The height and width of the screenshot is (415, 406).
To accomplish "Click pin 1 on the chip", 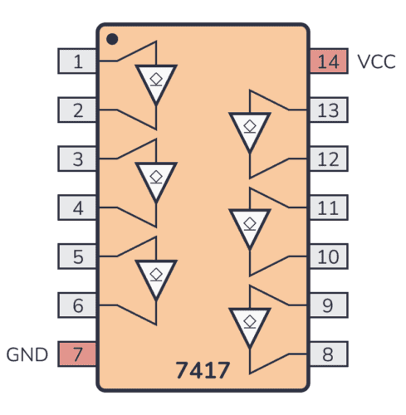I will pyautogui.click(x=77, y=61).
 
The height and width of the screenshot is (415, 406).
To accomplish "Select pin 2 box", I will pyautogui.click(x=77, y=110).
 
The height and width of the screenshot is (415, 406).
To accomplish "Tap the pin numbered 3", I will pyautogui.click(x=77, y=159).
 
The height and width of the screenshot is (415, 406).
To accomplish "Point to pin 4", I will pyautogui.click(x=77, y=207).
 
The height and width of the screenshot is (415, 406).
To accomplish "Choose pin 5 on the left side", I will pyautogui.click(x=77, y=256).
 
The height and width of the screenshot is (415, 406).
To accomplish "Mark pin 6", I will pyautogui.click(x=77, y=305).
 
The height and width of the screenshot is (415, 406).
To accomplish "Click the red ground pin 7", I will pyautogui.click(x=77, y=354).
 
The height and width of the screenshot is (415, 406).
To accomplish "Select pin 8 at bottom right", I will pyautogui.click(x=328, y=354).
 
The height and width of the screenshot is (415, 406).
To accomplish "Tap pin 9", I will pyautogui.click(x=328, y=305).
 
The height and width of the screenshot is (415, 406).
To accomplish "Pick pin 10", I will pyautogui.click(x=328, y=256).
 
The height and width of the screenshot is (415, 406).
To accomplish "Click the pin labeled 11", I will pyautogui.click(x=328, y=207).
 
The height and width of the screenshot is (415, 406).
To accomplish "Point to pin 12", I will pyautogui.click(x=328, y=159).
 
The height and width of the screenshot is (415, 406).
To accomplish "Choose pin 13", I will pyautogui.click(x=328, y=110).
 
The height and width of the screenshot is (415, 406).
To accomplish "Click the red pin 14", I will pyautogui.click(x=328, y=61).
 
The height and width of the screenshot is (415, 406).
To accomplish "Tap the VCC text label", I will pyautogui.click(x=376, y=61).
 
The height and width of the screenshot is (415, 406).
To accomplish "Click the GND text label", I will pyautogui.click(x=27, y=355).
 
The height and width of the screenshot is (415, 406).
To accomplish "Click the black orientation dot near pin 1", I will pyautogui.click(x=112, y=38).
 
